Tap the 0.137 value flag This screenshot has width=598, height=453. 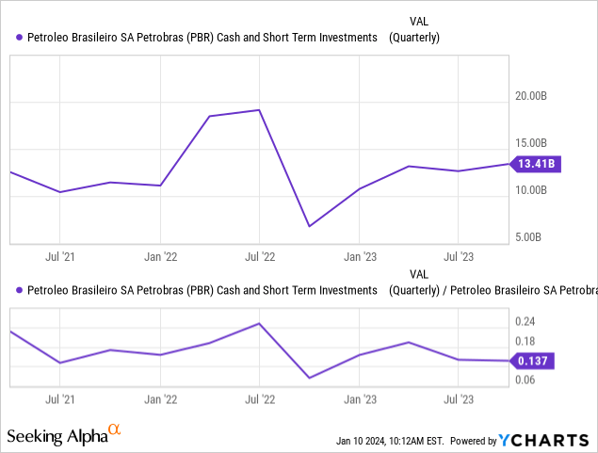534,360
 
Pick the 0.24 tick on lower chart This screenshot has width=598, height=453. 524,319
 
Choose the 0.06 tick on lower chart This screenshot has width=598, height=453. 524,380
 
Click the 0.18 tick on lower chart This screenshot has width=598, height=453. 524,341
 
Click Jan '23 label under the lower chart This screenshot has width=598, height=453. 359,399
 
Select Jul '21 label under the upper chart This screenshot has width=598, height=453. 60,255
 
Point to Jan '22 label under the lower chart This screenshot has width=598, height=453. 160,399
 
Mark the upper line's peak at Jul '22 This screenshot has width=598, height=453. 259,110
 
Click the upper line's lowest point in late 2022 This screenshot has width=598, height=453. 309,226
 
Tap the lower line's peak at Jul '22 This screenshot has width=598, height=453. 259,323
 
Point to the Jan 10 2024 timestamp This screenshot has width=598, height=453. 390,441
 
